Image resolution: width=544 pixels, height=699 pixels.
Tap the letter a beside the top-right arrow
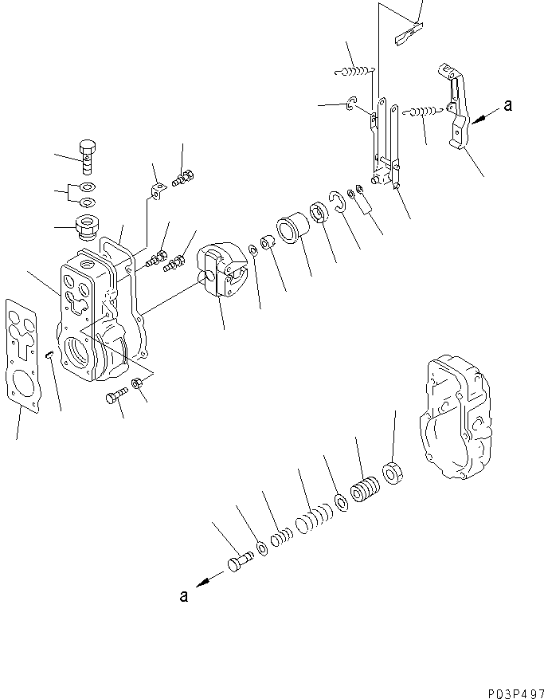(x=508, y=104)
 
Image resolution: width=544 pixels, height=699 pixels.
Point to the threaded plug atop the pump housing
(x=84, y=226)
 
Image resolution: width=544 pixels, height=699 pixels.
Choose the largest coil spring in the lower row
(x=368, y=489)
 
